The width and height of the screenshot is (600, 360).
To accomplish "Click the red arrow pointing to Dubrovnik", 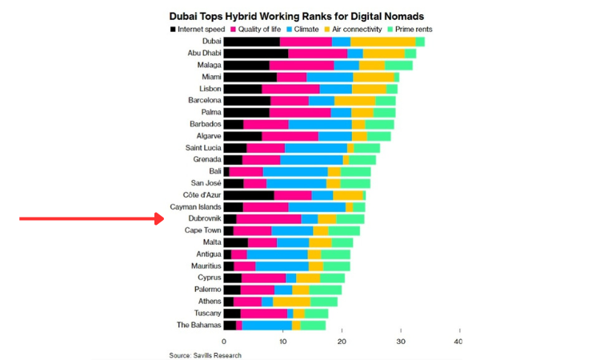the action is [92, 219].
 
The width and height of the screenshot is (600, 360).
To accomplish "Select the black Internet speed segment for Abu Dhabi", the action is [256, 53].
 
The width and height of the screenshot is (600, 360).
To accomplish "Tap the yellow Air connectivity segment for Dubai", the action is [383, 42].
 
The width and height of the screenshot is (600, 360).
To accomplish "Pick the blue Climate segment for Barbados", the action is [320, 124].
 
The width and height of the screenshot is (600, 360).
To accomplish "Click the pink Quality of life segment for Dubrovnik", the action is [269, 219].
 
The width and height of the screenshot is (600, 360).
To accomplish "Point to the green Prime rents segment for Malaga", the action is [398, 65].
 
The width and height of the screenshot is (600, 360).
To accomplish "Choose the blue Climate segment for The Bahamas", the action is [267, 325].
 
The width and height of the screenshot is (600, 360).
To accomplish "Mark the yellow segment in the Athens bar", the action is [291, 302].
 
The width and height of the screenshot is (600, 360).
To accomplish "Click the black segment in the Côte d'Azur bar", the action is [249, 195].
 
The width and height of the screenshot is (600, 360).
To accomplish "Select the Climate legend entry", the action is [302, 29].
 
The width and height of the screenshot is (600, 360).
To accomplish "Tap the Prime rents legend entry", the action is [410, 29].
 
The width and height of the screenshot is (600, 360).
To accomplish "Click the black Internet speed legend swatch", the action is [173, 30].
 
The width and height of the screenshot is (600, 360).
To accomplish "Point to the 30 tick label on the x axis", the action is [401, 342].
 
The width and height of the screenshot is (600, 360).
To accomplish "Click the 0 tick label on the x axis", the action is [224, 342].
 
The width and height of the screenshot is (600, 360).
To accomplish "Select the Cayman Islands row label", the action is [195, 207].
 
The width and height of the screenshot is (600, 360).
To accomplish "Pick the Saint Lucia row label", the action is [203, 148].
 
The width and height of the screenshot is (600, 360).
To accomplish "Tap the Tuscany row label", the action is [207, 314].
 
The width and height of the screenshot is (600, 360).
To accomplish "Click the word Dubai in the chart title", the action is [182, 17].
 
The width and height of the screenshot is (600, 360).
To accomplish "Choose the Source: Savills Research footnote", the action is [205, 355].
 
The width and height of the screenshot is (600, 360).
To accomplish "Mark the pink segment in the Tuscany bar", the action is [264, 314].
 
